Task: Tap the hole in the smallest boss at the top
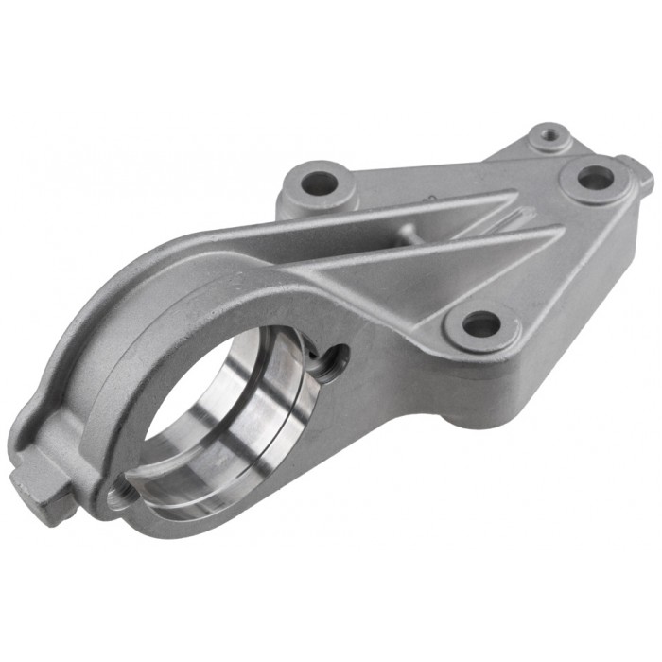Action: tap(549, 136)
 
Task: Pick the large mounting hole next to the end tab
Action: tap(595, 177)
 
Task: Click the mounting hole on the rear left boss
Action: tap(320, 181)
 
